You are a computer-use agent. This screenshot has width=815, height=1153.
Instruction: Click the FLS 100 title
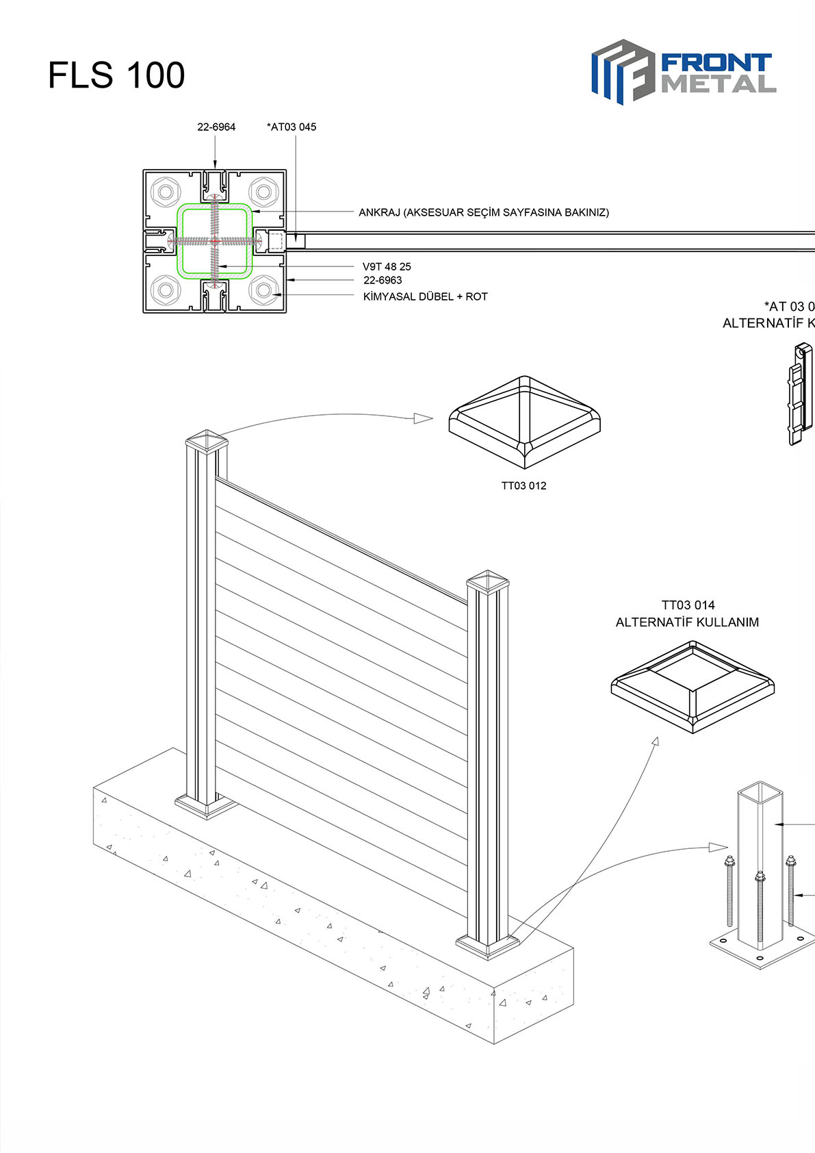point(116,75)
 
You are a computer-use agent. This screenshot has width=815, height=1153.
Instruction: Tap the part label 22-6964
point(216,127)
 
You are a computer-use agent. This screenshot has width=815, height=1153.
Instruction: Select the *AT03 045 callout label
point(292,127)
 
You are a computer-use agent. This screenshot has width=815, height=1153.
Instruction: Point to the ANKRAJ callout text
point(483,212)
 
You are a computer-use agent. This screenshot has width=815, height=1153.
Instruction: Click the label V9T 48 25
point(387,266)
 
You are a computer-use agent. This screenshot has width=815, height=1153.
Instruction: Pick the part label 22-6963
point(383,280)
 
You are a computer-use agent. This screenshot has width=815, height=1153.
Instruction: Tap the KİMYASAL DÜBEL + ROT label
point(425,296)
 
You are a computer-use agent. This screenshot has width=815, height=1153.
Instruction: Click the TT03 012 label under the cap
point(523,485)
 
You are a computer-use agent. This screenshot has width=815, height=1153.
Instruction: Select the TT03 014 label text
point(688,605)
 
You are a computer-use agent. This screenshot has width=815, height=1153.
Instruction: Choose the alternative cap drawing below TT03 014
point(693,686)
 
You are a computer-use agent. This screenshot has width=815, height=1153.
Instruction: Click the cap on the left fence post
point(206,440)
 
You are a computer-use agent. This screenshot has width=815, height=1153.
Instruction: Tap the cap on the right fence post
point(488,581)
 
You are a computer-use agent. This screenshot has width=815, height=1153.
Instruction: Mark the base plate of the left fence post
point(206,807)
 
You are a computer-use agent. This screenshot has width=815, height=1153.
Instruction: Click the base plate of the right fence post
point(488,946)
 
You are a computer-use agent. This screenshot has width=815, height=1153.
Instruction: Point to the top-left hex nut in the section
point(165,191)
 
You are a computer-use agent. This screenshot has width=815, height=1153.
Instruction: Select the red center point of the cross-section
point(214,241)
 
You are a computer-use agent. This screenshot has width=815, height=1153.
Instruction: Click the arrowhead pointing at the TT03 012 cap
point(424,418)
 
